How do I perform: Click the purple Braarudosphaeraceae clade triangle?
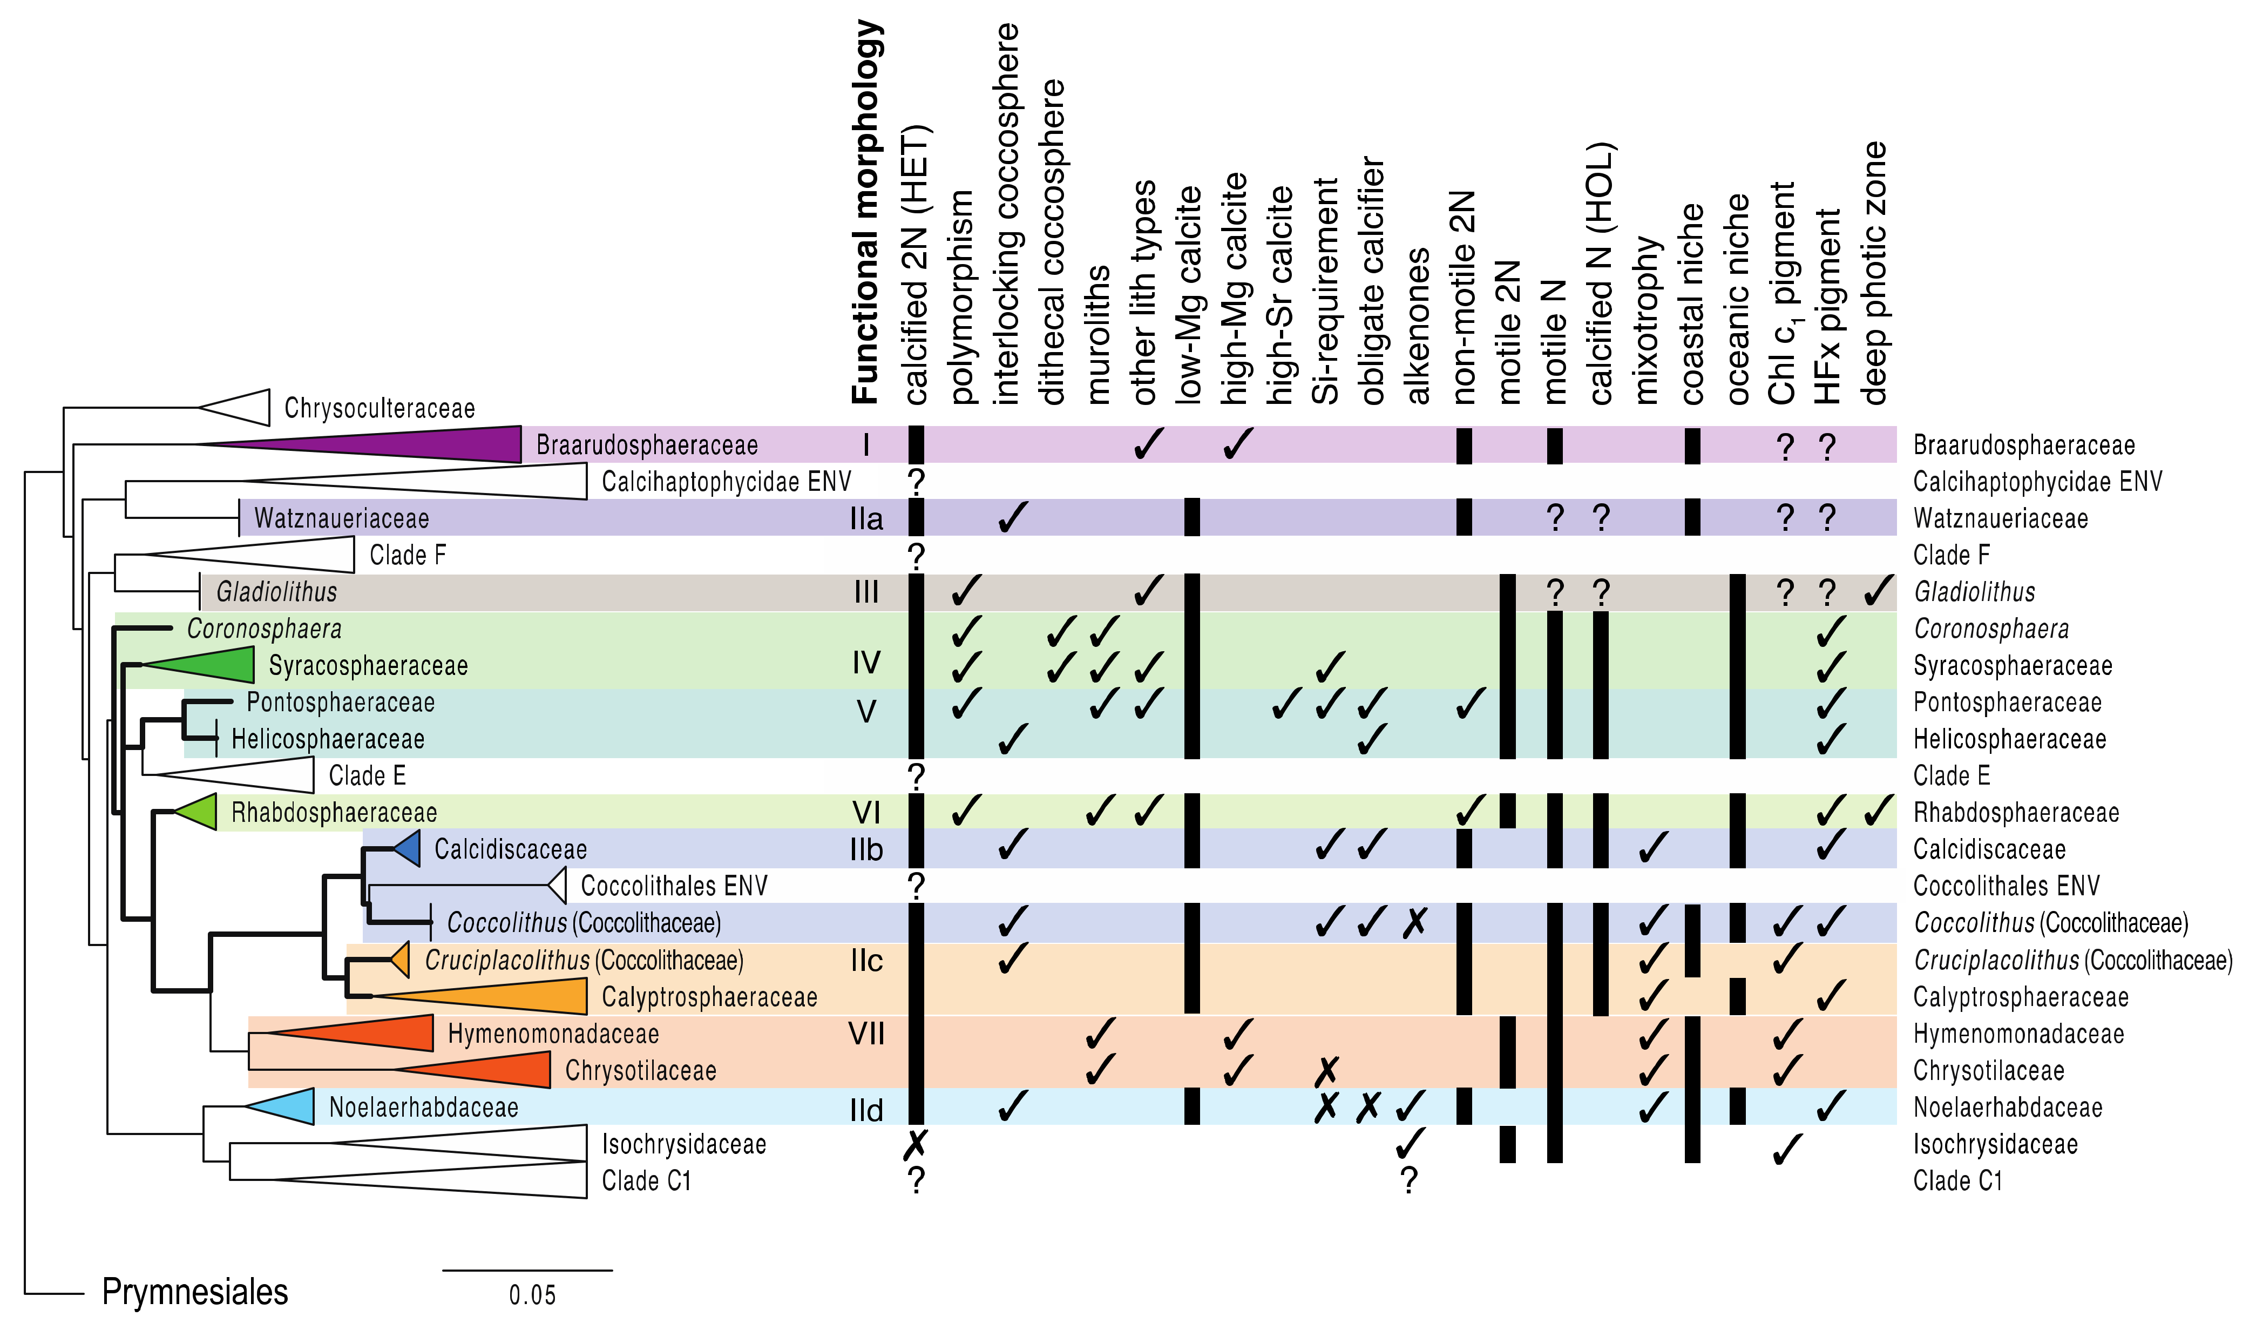430,444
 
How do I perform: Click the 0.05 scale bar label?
532,1295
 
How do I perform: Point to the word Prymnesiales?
194,1292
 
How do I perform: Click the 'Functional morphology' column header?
866,212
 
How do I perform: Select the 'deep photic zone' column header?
1874,273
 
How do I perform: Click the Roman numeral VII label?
866,1034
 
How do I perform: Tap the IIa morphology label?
866,519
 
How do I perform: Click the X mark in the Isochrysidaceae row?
916,1144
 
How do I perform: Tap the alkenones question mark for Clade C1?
1410,1181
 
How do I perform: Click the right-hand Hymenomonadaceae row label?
2018,1034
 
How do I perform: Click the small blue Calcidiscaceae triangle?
409,848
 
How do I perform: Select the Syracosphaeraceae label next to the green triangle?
368,666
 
